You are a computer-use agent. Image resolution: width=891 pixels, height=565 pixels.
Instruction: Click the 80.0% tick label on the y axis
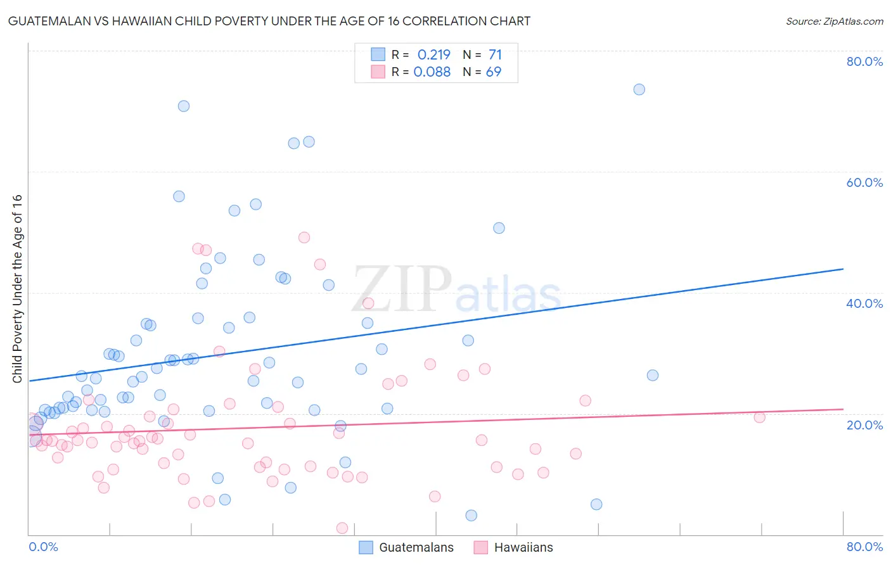tap(864, 61)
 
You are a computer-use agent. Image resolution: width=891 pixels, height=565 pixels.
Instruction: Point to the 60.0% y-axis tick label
tap(864, 182)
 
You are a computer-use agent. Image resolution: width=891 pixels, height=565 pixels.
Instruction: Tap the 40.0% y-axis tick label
tap(864, 303)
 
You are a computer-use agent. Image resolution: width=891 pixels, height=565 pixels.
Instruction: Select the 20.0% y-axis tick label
tap(864, 425)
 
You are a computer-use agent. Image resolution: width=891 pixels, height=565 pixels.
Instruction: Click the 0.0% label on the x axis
tap(43, 547)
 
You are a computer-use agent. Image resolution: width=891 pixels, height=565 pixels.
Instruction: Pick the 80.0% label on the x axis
tap(864, 547)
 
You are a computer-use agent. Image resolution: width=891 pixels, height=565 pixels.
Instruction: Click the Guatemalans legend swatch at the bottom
tap(366, 547)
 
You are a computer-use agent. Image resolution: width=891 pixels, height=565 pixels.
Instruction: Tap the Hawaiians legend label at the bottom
tap(523, 547)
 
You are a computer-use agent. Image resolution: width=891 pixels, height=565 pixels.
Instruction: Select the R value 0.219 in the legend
tap(433, 55)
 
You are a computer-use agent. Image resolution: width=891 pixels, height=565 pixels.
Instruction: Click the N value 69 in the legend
tap(494, 72)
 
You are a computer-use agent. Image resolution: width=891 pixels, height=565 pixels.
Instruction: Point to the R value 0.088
tap(432, 72)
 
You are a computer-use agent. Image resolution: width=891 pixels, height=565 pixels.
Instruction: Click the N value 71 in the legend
tap(495, 55)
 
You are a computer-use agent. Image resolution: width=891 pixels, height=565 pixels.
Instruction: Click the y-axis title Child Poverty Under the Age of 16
tap(18, 288)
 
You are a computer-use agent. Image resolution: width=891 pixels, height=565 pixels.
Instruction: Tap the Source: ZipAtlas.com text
tap(834, 22)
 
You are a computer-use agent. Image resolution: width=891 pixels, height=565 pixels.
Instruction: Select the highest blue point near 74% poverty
tap(639, 89)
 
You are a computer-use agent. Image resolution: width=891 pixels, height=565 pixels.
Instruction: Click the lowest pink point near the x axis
tap(342, 528)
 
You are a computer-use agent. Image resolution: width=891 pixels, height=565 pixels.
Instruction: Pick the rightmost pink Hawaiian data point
tap(759, 417)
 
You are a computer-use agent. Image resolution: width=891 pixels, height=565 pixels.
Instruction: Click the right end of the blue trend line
tap(843, 269)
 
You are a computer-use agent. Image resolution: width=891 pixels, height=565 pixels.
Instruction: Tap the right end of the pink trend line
tap(843, 409)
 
